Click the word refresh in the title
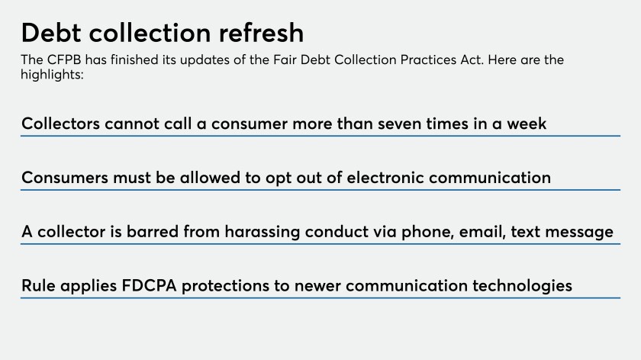click(261, 32)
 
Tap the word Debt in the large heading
click(51, 32)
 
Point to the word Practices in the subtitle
click(428, 59)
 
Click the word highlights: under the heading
click(52, 75)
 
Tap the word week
click(527, 124)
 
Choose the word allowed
click(210, 178)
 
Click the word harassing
click(262, 232)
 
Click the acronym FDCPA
click(150, 285)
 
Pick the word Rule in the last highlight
click(38, 285)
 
